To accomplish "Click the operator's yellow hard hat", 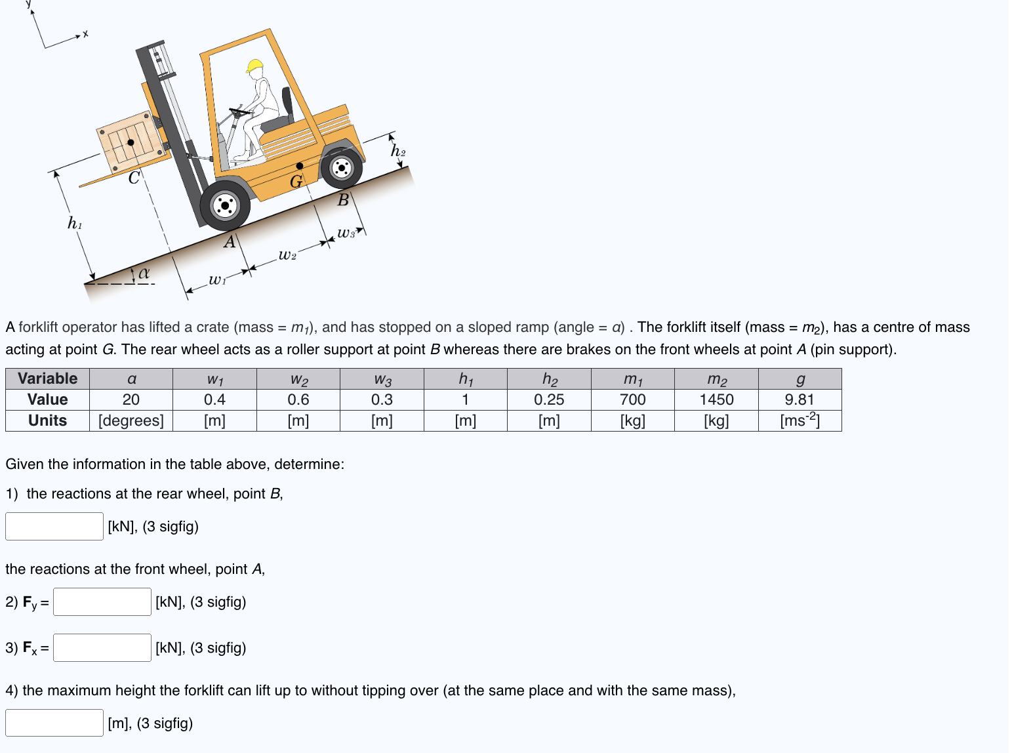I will (254, 66).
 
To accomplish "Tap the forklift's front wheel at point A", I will (225, 205).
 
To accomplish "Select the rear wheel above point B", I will (341, 168).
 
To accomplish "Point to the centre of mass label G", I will (296, 181).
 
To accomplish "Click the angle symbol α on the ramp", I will (144, 272).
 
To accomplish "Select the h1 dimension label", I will (75, 224).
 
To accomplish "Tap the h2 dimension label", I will (398, 151).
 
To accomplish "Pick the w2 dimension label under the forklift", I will (287, 254).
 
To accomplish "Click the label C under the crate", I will (134, 178).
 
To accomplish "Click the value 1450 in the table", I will (716, 399).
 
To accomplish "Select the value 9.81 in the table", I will (800, 399).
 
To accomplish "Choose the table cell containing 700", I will (632, 399).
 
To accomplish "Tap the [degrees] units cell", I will (131, 420).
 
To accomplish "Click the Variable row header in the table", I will (47, 378).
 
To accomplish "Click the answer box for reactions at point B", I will (54, 526).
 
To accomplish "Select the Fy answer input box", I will (102, 601).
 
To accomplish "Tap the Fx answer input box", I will (102, 647).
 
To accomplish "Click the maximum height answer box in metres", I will (54, 723).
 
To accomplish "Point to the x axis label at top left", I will (85, 34).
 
